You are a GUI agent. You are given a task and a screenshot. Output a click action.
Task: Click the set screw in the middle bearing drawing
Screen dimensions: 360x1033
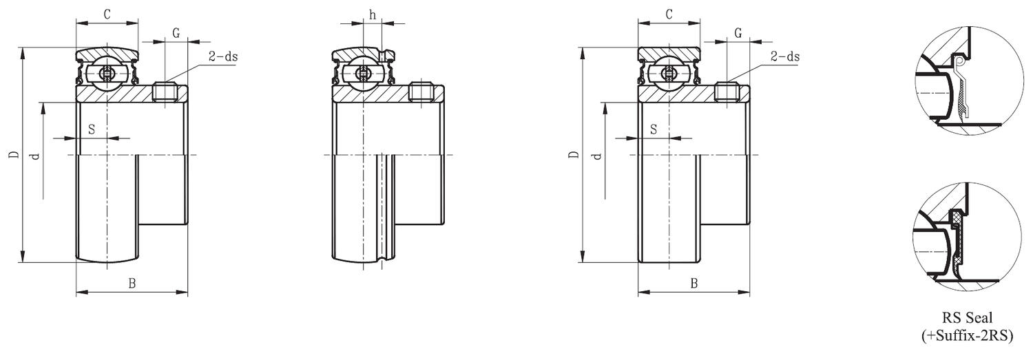click(421, 94)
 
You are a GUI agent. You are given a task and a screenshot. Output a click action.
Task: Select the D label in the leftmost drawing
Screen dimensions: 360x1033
click(13, 156)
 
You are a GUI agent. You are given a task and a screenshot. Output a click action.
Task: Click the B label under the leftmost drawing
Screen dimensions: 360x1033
click(132, 283)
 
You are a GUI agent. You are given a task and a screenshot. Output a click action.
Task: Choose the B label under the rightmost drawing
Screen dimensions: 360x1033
click(694, 283)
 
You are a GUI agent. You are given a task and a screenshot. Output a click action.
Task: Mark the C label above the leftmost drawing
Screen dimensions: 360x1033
click(107, 14)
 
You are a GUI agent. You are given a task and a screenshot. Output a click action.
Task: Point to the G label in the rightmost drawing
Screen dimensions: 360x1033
click(738, 32)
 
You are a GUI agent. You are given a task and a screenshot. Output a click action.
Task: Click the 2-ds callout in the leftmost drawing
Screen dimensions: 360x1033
click(222, 56)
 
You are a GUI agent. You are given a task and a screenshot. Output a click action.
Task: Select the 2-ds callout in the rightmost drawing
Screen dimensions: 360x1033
click(785, 56)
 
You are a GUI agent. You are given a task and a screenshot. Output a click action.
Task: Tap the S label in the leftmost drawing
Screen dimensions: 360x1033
click(92, 129)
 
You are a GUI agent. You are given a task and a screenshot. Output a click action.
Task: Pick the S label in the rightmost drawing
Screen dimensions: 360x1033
click(654, 129)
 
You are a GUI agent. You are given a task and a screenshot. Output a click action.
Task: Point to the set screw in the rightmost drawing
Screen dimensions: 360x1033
click(728, 92)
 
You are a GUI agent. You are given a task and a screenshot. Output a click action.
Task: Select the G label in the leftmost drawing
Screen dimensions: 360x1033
click(176, 32)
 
